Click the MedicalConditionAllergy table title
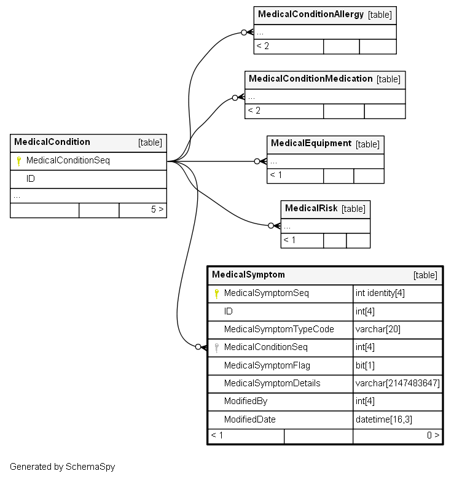click(311, 14)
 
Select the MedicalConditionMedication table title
click(311, 79)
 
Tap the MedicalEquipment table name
click(311, 143)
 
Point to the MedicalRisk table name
click(311, 208)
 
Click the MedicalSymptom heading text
click(248, 275)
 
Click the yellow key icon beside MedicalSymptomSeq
click(217, 294)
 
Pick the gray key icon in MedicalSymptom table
click(217, 348)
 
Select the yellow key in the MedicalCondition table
click(19, 161)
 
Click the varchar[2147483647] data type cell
click(397, 383)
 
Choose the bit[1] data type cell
click(397, 365)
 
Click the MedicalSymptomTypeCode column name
click(279, 329)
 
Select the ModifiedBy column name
click(246, 401)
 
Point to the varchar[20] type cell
click(397, 330)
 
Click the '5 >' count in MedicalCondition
click(157, 209)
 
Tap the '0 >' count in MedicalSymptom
click(433, 435)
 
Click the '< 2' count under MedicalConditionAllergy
click(263, 46)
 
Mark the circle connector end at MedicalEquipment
click(257, 162)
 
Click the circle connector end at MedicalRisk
click(271, 226)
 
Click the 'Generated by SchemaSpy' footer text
click(63, 467)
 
